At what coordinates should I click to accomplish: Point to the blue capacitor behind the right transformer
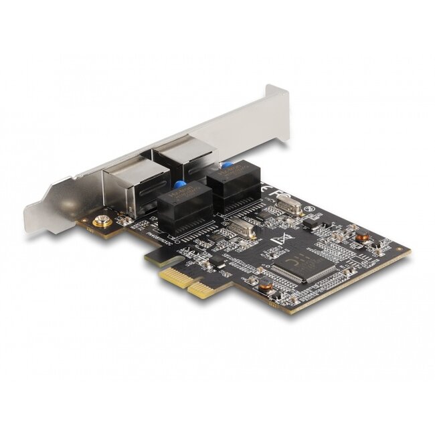[227, 165]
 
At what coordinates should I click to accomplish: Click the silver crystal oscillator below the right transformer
[243, 230]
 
